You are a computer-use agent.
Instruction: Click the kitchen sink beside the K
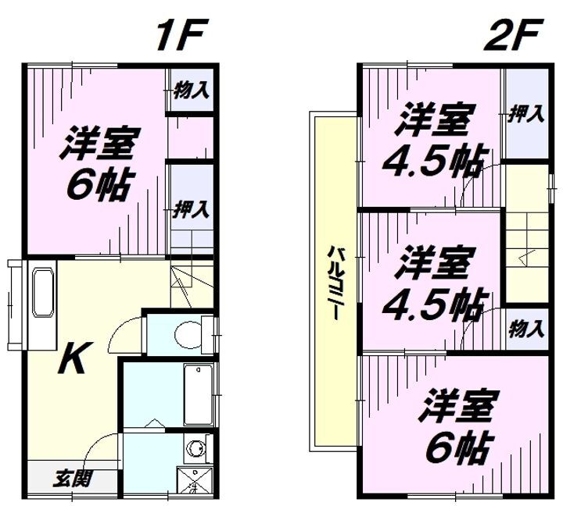(42, 292)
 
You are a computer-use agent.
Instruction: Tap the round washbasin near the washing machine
(195, 448)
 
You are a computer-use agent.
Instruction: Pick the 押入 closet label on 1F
(192, 208)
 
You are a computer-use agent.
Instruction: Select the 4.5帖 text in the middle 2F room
(433, 303)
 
